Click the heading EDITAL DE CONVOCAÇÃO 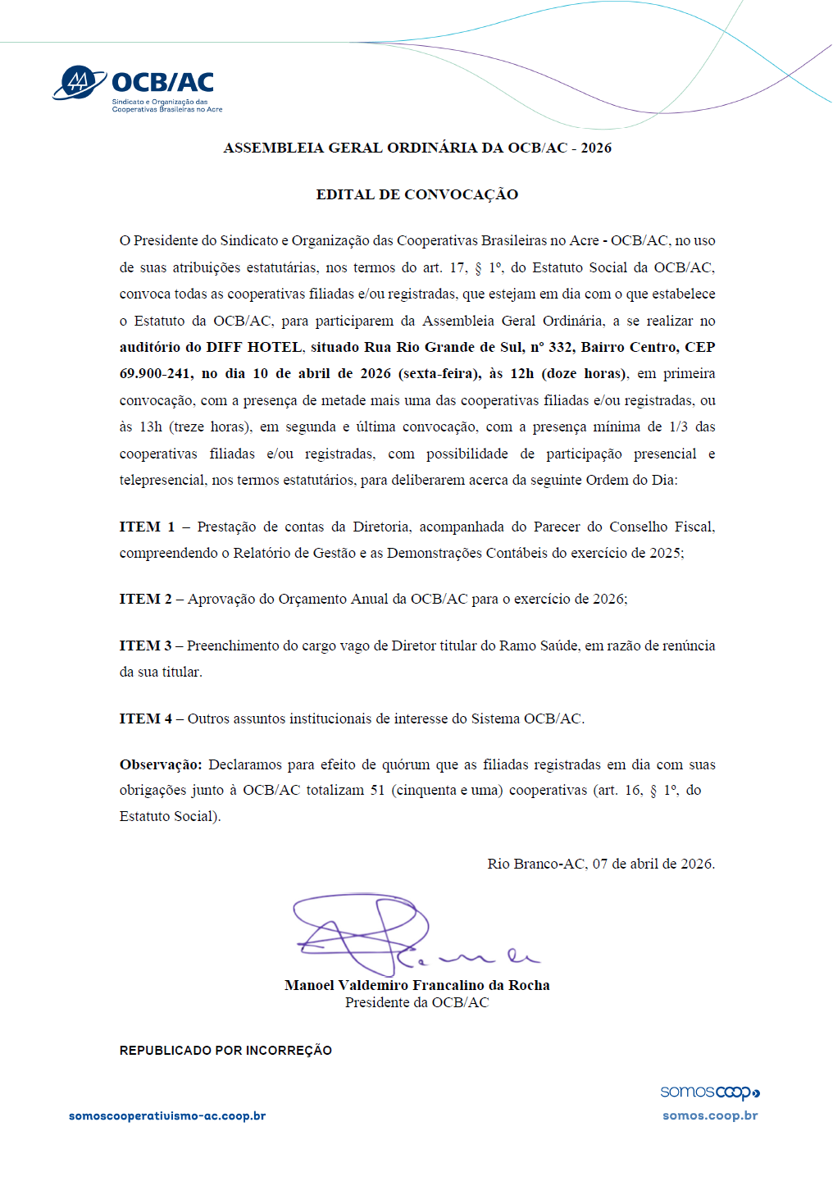[416, 195]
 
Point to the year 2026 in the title [596, 148]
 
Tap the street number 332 [561, 348]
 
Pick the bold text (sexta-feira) [439, 374]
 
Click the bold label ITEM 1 [147, 527]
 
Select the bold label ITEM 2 [145, 600]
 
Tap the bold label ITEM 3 [145, 646]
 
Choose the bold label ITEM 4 [145, 719]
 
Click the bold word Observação [160, 764]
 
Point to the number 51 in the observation [377, 791]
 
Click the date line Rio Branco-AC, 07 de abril [601, 865]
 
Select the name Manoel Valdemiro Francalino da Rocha [416, 986]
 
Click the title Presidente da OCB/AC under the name [416, 1003]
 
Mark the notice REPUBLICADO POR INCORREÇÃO [225, 1051]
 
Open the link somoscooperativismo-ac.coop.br [167, 1116]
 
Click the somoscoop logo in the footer [710, 1093]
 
